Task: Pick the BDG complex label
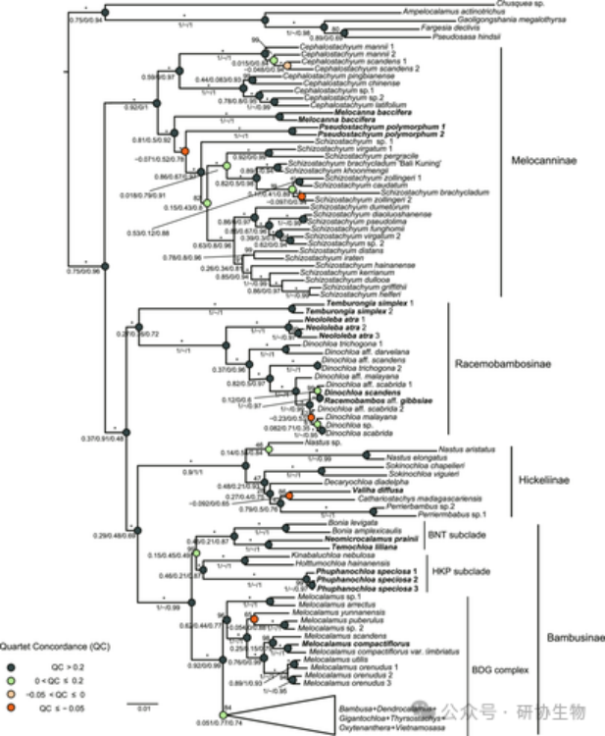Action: [503, 669]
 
